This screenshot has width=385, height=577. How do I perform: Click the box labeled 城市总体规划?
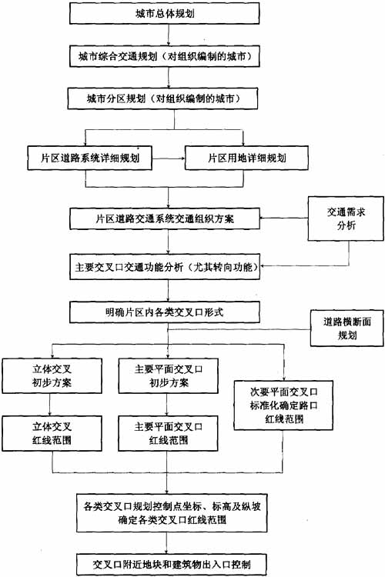(164, 14)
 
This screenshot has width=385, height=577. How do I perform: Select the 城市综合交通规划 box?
(164, 56)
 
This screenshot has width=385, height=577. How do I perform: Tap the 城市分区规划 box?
(162, 98)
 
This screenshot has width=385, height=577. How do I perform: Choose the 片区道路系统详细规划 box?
(90, 158)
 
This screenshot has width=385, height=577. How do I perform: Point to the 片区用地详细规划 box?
(246, 158)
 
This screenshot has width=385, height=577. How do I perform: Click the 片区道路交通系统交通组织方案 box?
(165, 219)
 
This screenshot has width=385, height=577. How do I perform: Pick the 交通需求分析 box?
(346, 218)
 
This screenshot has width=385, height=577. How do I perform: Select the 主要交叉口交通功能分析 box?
(165, 267)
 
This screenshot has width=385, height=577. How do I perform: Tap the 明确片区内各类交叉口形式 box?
(165, 313)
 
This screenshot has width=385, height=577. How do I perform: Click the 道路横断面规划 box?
(346, 329)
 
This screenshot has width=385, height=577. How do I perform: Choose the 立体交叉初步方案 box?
(52, 375)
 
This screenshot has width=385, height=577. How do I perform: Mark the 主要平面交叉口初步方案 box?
(169, 375)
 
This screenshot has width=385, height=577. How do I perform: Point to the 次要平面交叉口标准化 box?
(283, 405)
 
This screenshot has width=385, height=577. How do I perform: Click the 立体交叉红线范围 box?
(52, 433)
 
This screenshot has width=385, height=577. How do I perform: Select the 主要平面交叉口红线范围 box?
(169, 433)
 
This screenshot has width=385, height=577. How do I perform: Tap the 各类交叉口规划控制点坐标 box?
(172, 513)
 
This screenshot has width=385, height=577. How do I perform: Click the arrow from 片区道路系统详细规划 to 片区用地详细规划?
(169, 158)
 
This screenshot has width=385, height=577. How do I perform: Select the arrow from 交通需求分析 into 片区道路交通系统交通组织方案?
(283, 218)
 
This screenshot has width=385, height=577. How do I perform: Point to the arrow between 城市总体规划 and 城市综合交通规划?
(169, 35)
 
